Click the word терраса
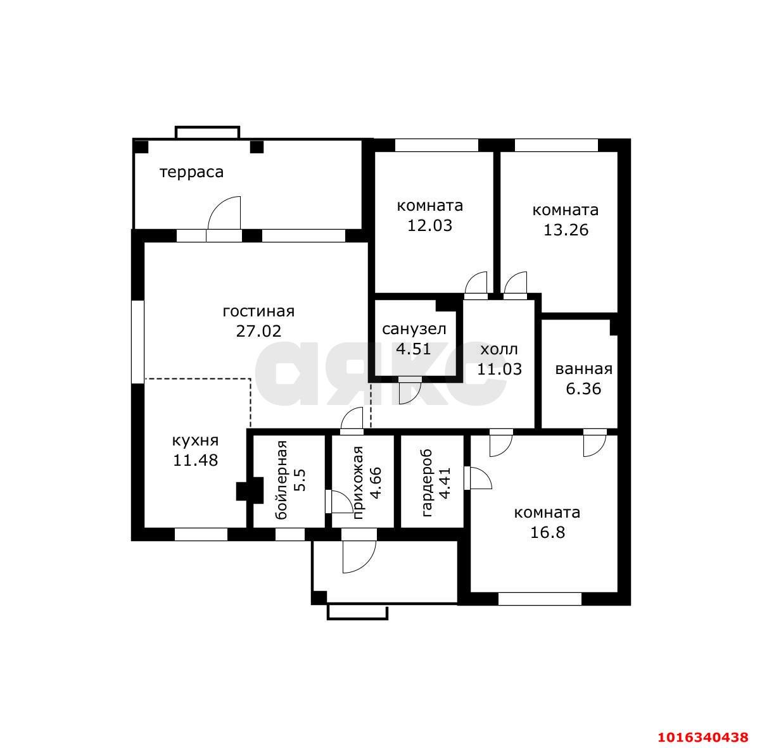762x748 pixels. (191, 172)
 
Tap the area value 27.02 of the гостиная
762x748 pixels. (258, 331)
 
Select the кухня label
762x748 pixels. (195, 441)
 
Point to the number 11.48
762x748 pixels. (195, 460)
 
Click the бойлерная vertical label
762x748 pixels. (281, 480)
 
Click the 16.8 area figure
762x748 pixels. (548, 532)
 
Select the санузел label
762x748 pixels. (414, 329)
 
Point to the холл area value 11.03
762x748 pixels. (499, 369)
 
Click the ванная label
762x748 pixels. (583, 369)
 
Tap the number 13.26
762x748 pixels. (566, 230)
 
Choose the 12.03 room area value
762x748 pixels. (430, 225)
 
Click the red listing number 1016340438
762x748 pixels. (703, 737)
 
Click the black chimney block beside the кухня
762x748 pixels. (250, 490)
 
